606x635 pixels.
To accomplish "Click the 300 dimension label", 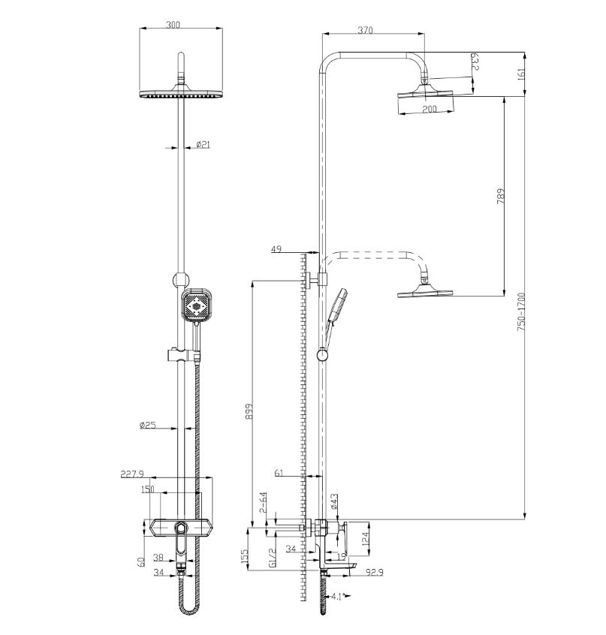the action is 173,25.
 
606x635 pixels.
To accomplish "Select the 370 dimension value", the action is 365,30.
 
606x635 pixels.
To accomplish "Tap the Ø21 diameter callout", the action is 203,144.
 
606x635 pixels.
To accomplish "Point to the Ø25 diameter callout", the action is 148,426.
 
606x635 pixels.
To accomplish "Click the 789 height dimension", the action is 501,196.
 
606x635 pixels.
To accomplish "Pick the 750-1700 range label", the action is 521,312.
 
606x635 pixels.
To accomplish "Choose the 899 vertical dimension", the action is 249,411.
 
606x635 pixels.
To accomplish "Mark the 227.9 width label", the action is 132,474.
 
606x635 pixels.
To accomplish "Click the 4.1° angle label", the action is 338,596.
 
